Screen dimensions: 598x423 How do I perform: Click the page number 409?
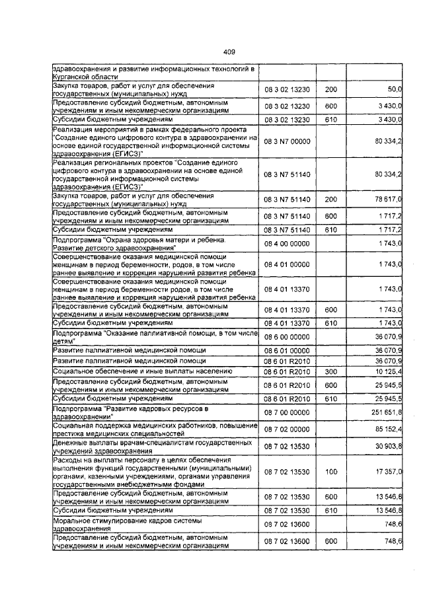click(229, 52)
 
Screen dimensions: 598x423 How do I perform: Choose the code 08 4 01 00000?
click(287, 264)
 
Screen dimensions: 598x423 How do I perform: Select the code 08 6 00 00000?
click(287, 338)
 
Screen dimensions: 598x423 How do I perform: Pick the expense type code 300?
click(331, 373)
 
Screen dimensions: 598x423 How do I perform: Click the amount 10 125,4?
click(389, 373)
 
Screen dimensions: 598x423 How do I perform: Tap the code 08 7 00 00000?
click(287, 412)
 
